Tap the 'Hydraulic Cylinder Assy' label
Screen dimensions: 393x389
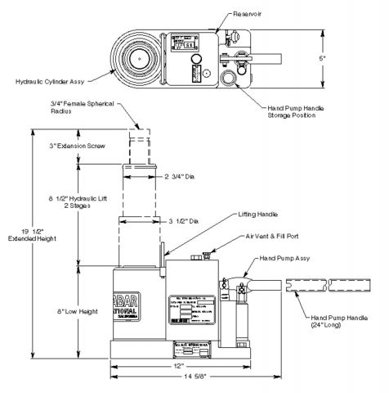point(49,80)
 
